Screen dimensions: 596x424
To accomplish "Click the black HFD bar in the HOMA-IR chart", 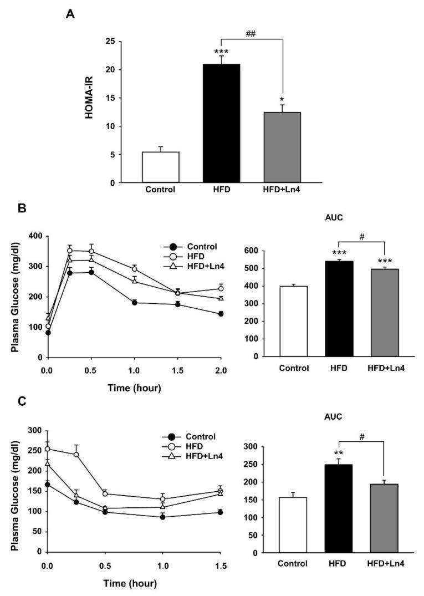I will click(x=221, y=124).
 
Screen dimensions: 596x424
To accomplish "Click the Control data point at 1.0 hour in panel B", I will click(x=134, y=302).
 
